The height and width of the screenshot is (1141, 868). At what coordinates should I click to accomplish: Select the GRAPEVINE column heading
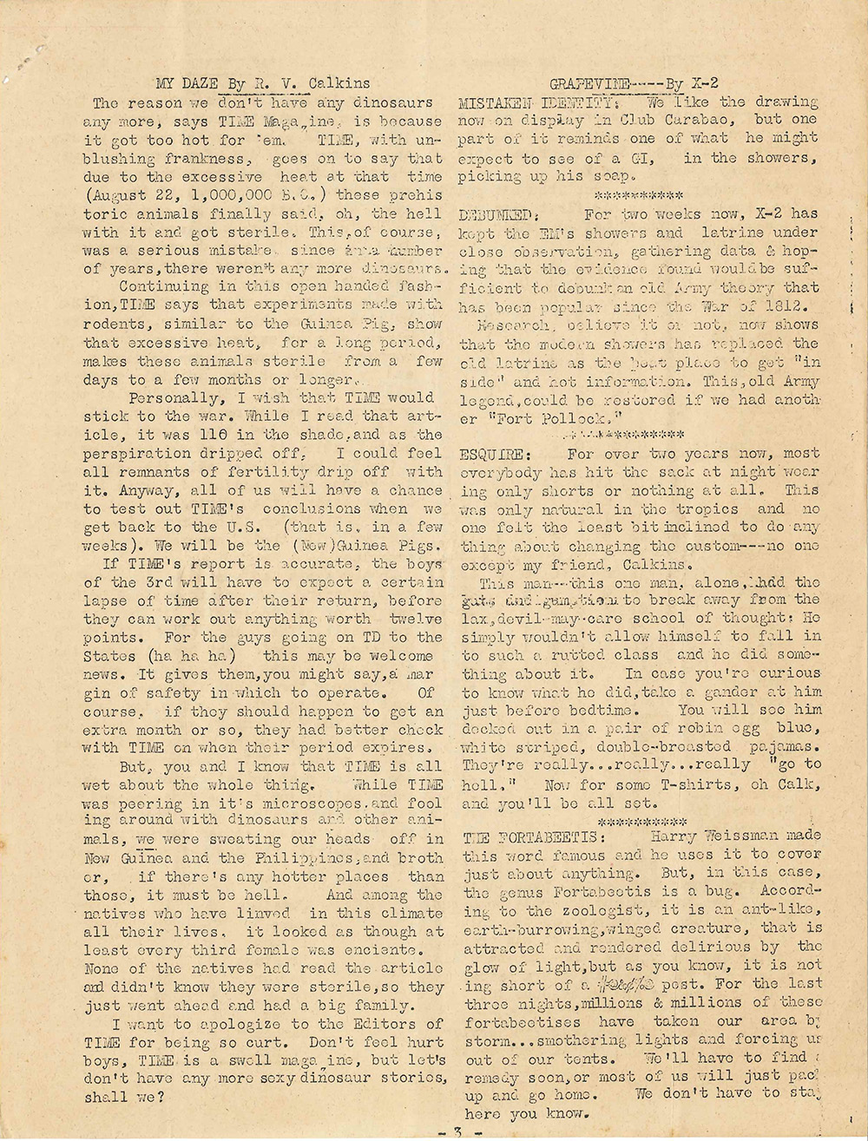click(x=589, y=83)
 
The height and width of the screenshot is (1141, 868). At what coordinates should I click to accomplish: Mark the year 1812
click(x=791, y=306)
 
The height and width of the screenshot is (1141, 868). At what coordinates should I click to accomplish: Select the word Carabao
click(x=695, y=120)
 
